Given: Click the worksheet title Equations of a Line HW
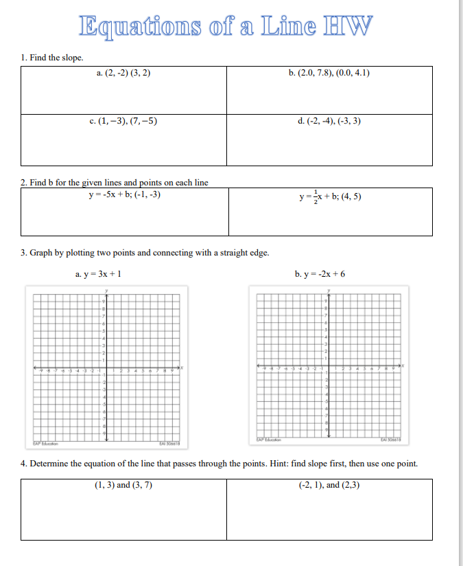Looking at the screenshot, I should click(227, 25).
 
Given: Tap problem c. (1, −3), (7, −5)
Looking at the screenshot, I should click(123, 121).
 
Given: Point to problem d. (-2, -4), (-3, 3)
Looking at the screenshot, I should click(329, 121).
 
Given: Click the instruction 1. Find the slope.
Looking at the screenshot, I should click(52, 58).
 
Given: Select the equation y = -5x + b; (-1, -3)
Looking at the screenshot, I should click(125, 194).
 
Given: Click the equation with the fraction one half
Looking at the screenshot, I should click(330, 196).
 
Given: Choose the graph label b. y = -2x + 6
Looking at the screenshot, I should click(320, 274).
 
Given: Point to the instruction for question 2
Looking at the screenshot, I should click(115, 183).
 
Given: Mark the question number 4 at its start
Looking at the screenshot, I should click(24, 463).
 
